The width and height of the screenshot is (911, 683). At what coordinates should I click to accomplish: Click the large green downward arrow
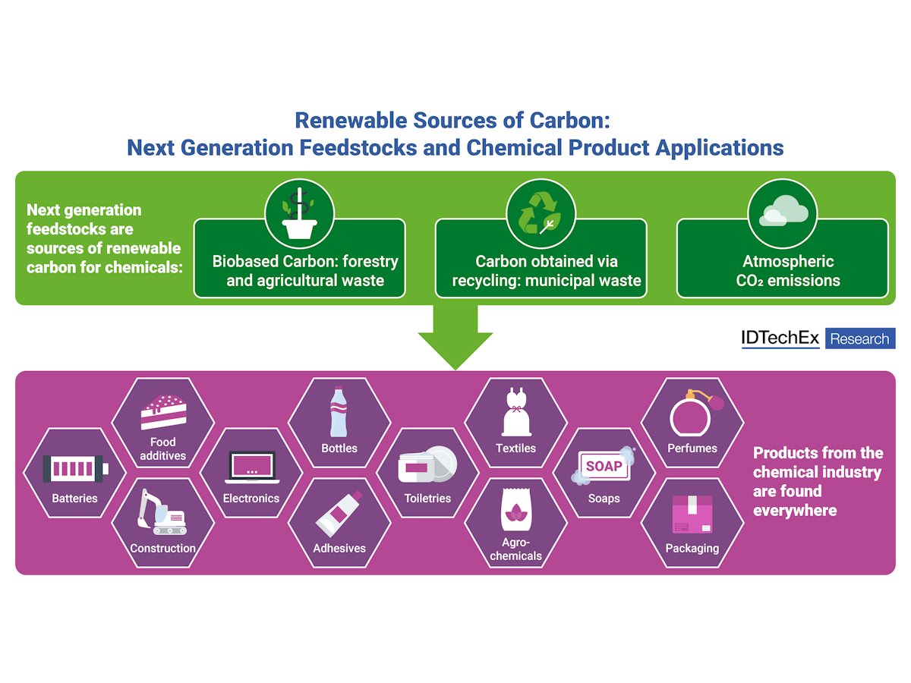455,334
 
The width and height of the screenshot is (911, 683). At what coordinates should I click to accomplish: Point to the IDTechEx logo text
780,338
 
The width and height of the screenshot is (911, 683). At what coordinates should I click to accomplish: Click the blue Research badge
860,338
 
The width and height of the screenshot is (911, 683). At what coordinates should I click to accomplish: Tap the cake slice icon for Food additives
162,413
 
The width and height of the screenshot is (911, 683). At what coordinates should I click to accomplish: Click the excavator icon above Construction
161,512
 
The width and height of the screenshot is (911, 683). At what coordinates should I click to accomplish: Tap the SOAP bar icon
604,466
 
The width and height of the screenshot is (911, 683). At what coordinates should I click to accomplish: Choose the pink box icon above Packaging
692,515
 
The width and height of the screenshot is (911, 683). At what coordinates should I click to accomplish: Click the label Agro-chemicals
515,549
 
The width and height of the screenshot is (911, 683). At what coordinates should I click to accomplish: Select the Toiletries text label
427,499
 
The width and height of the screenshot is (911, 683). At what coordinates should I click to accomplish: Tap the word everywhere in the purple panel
795,510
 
